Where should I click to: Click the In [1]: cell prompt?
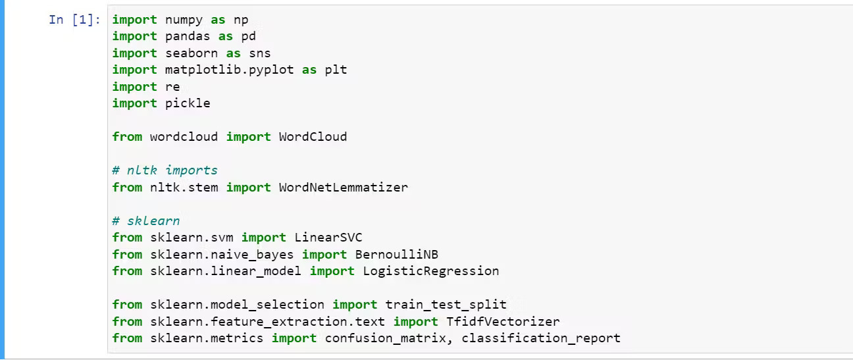[74, 20]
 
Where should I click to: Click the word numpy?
[184, 20]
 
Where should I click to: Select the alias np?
[241, 20]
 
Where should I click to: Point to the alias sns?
[259, 53]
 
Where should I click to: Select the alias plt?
[336, 70]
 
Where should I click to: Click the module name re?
[172, 87]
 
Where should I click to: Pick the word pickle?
[188, 103]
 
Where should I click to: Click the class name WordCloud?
[313, 137]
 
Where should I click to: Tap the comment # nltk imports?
[165, 170]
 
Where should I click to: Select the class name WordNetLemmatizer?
[343, 188]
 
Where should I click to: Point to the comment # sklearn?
[145, 221]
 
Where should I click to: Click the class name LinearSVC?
[328, 238]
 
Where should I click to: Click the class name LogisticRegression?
[430, 271]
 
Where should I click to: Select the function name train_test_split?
[446, 305]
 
